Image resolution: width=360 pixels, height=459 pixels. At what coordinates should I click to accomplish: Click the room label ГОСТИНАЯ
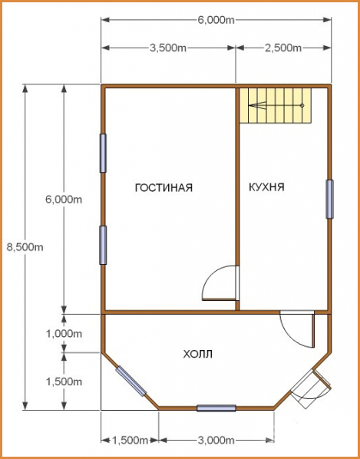[x=163, y=187]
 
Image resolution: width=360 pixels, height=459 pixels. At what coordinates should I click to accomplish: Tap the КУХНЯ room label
[x=266, y=187]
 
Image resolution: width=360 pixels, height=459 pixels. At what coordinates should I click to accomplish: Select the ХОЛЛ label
[x=197, y=354]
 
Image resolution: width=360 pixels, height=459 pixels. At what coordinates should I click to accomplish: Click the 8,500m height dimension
[x=25, y=247]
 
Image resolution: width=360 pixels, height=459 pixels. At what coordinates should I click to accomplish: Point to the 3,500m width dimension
[x=168, y=48]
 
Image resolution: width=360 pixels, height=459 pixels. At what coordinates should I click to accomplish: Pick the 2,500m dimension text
[x=283, y=48]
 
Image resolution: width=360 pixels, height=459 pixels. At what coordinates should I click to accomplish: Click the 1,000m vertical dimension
[x=64, y=333]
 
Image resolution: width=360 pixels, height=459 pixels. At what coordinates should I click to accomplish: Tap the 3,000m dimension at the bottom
[x=216, y=440]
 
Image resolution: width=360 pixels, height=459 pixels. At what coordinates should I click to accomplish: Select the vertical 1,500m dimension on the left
[x=64, y=381]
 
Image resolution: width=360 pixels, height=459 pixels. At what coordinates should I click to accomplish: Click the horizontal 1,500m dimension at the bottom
[x=130, y=440]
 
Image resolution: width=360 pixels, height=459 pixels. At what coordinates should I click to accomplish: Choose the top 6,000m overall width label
[x=216, y=20]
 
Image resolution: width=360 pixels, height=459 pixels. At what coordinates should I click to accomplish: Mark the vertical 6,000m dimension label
[x=64, y=200]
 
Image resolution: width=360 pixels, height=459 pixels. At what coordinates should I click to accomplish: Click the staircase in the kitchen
[x=276, y=106]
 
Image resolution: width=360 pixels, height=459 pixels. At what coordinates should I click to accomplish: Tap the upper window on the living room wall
[x=103, y=153]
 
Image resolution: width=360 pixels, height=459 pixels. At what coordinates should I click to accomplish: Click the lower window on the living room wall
[x=103, y=245]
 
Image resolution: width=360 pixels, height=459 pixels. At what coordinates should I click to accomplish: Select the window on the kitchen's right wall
[x=329, y=199]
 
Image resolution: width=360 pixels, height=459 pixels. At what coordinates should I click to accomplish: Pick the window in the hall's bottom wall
[x=216, y=408]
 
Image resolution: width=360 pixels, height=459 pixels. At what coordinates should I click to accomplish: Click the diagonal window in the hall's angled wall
[x=130, y=381]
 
